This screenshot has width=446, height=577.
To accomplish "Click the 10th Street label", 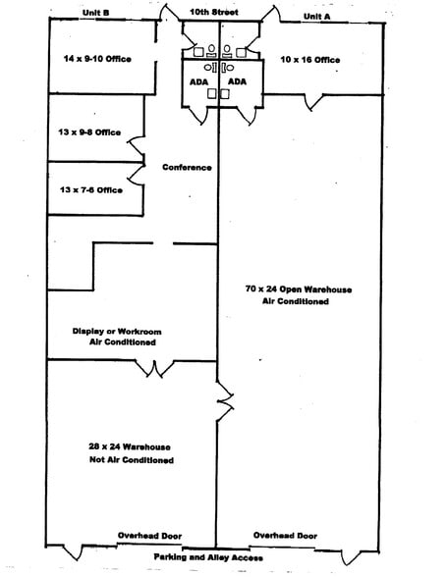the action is tap(214, 12).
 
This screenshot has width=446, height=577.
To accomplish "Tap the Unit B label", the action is tap(95, 13).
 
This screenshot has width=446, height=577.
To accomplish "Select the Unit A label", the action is tap(316, 17).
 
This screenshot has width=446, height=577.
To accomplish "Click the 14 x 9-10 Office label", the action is tap(97, 59).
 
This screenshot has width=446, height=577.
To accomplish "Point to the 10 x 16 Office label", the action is tap(310, 60).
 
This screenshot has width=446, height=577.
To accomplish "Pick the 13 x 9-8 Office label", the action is tap(89, 132).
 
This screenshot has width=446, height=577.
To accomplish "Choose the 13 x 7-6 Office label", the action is tap(91, 190).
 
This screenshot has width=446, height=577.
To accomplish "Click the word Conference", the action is tap(187, 168).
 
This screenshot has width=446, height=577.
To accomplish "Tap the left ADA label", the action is tap(198, 81).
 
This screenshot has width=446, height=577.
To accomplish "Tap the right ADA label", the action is tap(237, 81).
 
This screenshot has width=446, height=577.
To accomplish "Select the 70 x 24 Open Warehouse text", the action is tap(299, 289).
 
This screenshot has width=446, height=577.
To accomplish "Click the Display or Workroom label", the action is tap(117, 332).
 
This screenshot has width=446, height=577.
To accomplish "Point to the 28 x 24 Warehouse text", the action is tap(130, 447).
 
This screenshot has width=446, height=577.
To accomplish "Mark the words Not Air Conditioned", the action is tap(132, 460).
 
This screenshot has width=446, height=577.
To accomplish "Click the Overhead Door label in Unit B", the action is tap(150, 536).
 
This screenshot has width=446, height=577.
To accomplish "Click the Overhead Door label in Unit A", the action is tap(285, 536).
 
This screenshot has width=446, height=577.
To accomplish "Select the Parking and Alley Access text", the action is tap(208, 557).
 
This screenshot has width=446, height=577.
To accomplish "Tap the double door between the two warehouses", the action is tap(225, 400).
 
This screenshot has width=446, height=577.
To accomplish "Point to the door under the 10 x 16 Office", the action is tap(313, 102).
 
